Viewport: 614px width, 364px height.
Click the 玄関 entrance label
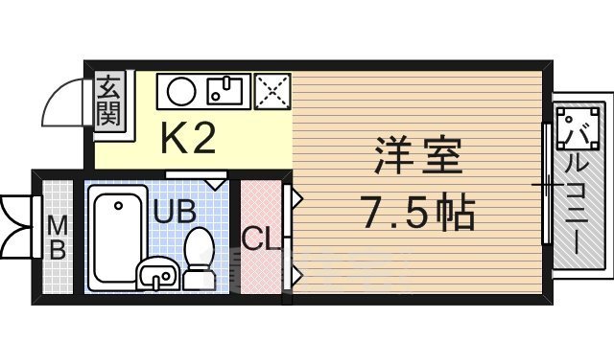tap(107, 102)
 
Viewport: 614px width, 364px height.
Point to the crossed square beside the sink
tap(271, 92)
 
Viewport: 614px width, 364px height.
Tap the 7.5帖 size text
tap(419, 212)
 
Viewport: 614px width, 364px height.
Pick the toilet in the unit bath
tap(200, 257)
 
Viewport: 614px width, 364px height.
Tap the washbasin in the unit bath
tap(156, 276)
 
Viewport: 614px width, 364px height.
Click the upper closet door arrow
tap(297, 199)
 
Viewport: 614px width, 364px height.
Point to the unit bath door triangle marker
tap(216, 179)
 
